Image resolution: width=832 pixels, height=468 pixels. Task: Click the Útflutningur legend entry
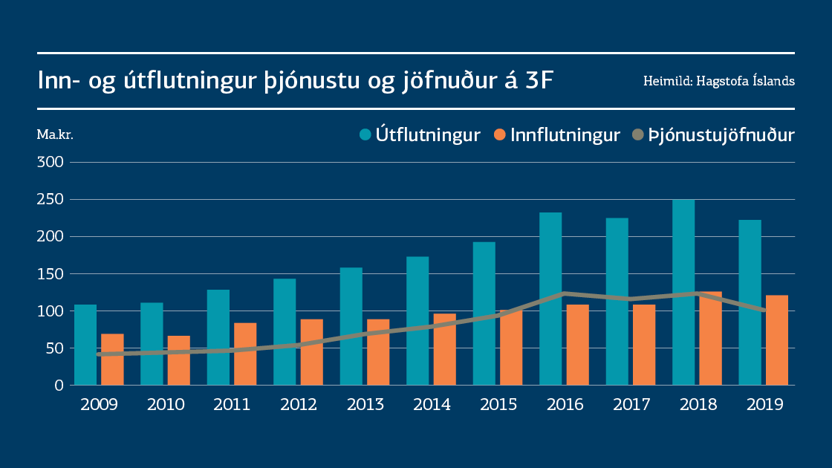point(420,135)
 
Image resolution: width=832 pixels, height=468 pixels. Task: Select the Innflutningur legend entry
point(557,135)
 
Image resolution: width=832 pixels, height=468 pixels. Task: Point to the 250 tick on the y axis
point(53,200)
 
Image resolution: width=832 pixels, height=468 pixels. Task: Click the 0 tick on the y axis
point(59,386)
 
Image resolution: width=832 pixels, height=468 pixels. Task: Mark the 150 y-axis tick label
point(53,274)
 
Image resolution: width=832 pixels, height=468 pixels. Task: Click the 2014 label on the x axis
point(432,405)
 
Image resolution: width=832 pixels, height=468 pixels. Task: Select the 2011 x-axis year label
point(232,405)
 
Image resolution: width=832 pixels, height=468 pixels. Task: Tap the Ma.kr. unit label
point(55,135)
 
